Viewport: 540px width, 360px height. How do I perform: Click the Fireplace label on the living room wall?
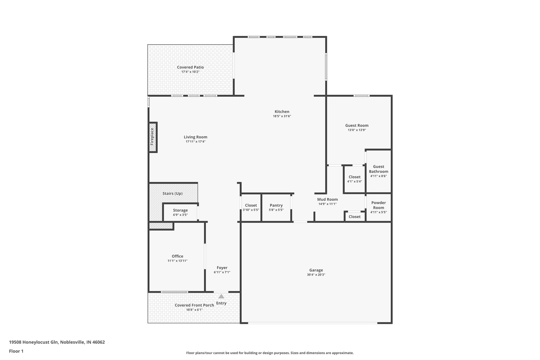click(x=152, y=137)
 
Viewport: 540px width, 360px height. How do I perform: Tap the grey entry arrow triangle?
click(x=221, y=296)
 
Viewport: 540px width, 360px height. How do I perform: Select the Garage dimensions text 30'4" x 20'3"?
click(x=316, y=275)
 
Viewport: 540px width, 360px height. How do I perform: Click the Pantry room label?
click(x=276, y=205)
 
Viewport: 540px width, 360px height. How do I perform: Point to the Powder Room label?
click(x=378, y=205)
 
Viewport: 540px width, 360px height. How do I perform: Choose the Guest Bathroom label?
click(x=378, y=169)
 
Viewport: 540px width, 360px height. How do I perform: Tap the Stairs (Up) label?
click(x=172, y=194)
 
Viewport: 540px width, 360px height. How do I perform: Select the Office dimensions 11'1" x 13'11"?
click(x=177, y=261)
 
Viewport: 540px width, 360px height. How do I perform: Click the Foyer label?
click(x=222, y=268)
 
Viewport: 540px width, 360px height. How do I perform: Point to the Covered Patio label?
click(x=190, y=67)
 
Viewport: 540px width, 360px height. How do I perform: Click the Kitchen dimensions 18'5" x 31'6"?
click(x=282, y=116)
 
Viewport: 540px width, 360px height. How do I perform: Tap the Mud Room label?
click(x=327, y=199)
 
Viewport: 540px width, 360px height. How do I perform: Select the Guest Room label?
click(x=357, y=126)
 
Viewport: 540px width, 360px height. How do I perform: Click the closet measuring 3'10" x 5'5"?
click(x=251, y=208)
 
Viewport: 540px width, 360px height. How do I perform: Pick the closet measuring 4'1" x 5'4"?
click(x=354, y=179)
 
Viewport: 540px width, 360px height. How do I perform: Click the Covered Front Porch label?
click(x=194, y=305)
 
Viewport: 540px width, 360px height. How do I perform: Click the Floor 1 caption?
click(x=16, y=351)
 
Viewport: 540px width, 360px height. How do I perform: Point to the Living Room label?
click(x=195, y=137)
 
